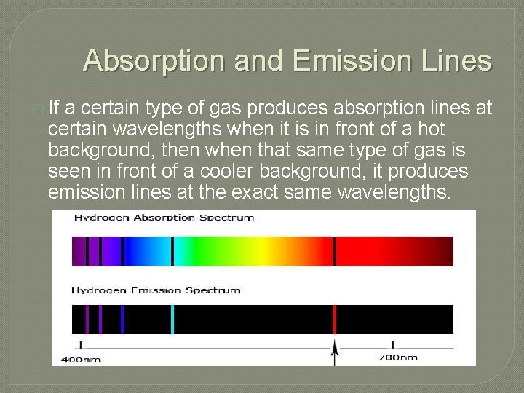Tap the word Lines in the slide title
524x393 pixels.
tap(456, 60)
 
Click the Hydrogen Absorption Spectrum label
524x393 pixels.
tap(164, 218)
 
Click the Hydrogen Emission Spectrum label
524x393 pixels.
tap(156, 290)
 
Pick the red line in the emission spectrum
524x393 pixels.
tap(335, 319)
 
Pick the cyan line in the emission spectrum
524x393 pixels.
tap(172, 319)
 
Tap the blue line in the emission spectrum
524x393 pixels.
tap(122, 319)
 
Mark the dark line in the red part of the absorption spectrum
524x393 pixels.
tap(335, 251)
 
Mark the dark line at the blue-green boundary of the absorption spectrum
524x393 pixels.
tap(172, 251)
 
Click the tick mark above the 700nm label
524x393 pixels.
tap(393, 345)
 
